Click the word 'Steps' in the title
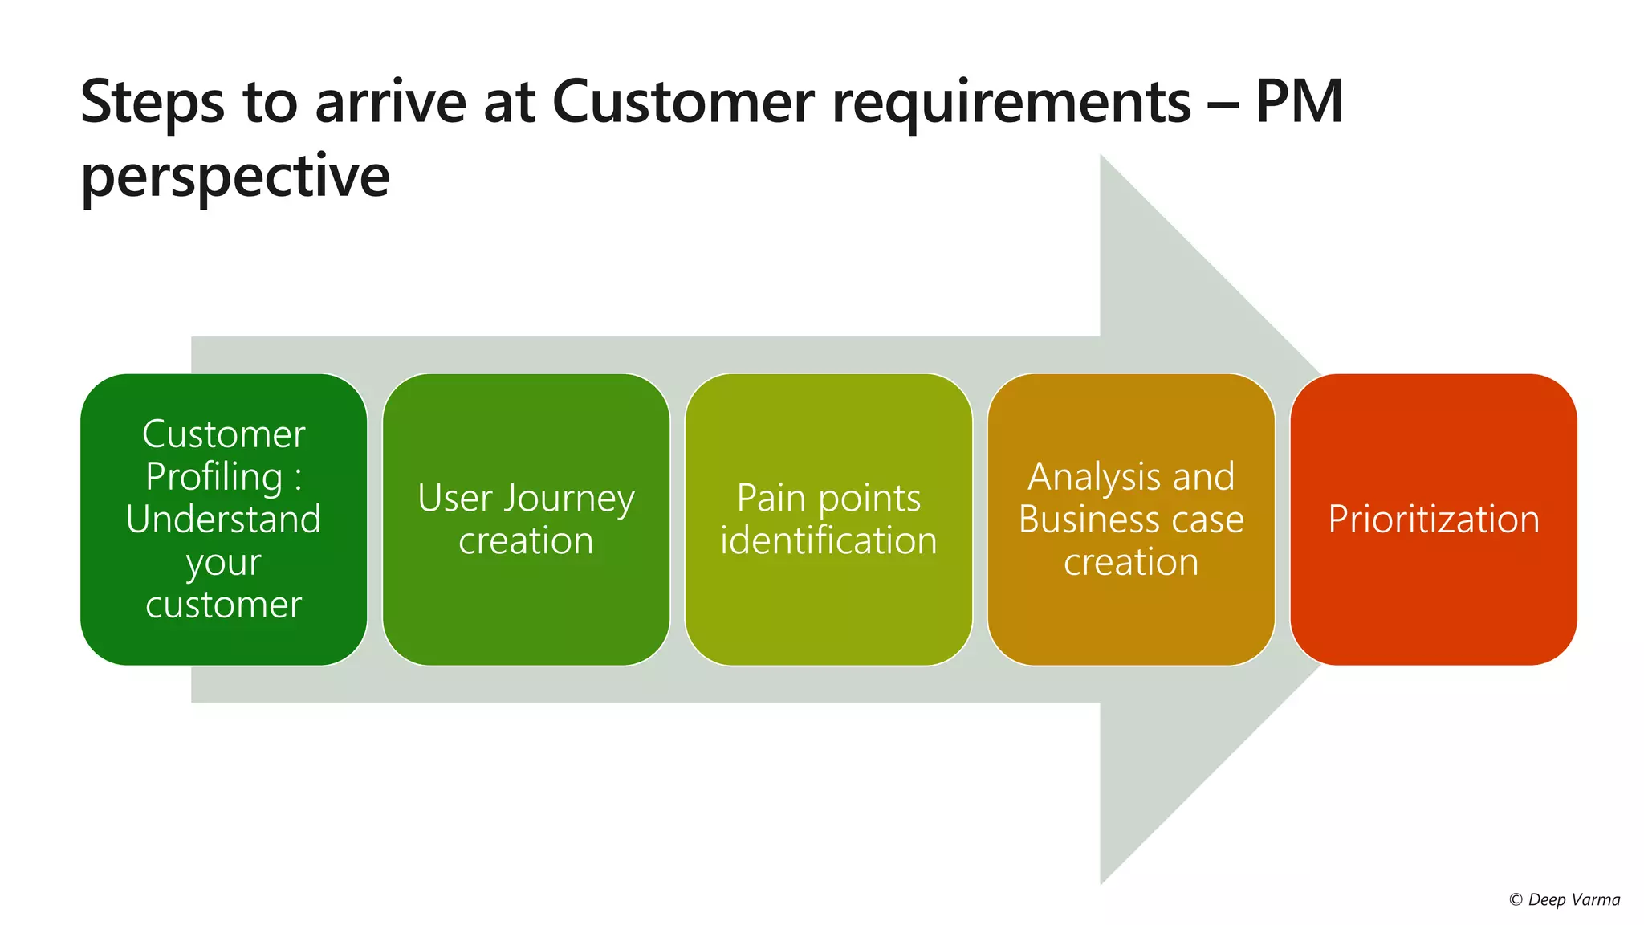(x=153, y=103)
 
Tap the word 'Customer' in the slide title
(x=683, y=103)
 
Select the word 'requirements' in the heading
(x=1011, y=103)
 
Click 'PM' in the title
(x=1299, y=103)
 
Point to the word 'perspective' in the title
(x=235, y=177)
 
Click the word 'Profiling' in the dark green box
(x=214, y=476)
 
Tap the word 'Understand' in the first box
(x=223, y=519)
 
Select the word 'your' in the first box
(x=223, y=562)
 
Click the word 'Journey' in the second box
(x=569, y=499)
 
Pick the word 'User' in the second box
(x=454, y=498)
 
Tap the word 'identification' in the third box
(x=828, y=540)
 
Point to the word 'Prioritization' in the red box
(x=1434, y=520)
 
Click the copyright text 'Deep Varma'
(x=1573, y=899)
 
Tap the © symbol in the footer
(x=1516, y=900)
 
